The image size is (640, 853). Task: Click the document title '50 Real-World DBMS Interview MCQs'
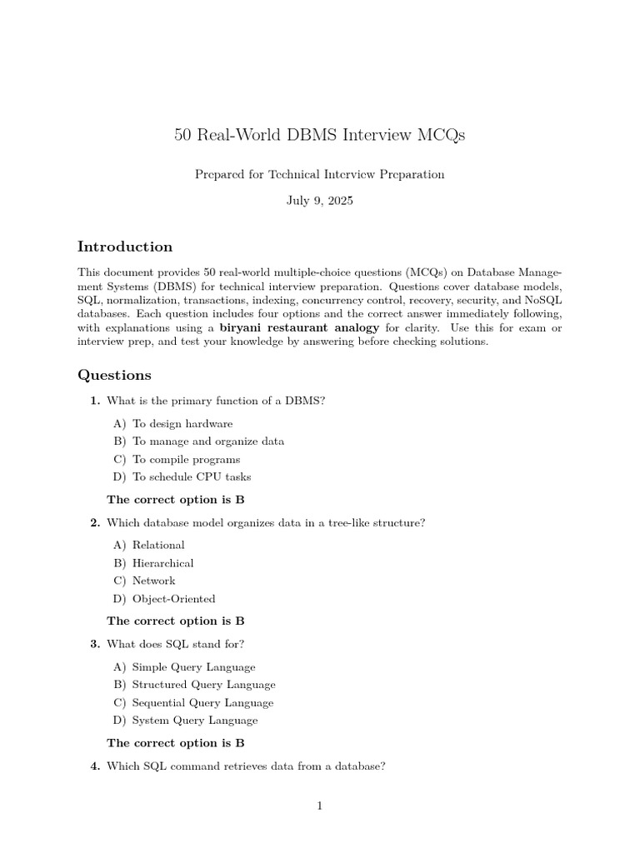[x=319, y=135]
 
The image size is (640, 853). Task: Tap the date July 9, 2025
[x=319, y=201]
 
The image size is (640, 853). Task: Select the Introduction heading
[x=125, y=247]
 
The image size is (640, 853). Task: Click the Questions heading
[x=114, y=375]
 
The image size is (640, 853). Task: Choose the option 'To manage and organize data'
[x=207, y=441]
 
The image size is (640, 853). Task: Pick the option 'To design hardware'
[x=182, y=424]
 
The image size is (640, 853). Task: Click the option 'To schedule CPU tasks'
[x=192, y=477]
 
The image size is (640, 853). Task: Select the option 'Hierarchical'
[x=162, y=563]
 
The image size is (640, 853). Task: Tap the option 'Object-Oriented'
[x=173, y=599]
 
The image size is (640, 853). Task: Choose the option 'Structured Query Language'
[x=203, y=685]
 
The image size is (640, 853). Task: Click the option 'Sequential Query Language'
[x=202, y=702]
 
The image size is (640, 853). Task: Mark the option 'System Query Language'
[x=195, y=721]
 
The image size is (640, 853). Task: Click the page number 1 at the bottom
[x=319, y=806]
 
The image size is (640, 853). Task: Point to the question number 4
[x=95, y=766]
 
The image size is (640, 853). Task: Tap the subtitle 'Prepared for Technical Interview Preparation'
[x=319, y=174]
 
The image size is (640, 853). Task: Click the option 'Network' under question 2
[x=153, y=581]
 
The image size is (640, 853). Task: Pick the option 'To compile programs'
[x=186, y=459]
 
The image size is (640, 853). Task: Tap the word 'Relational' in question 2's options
[x=158, y=545]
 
